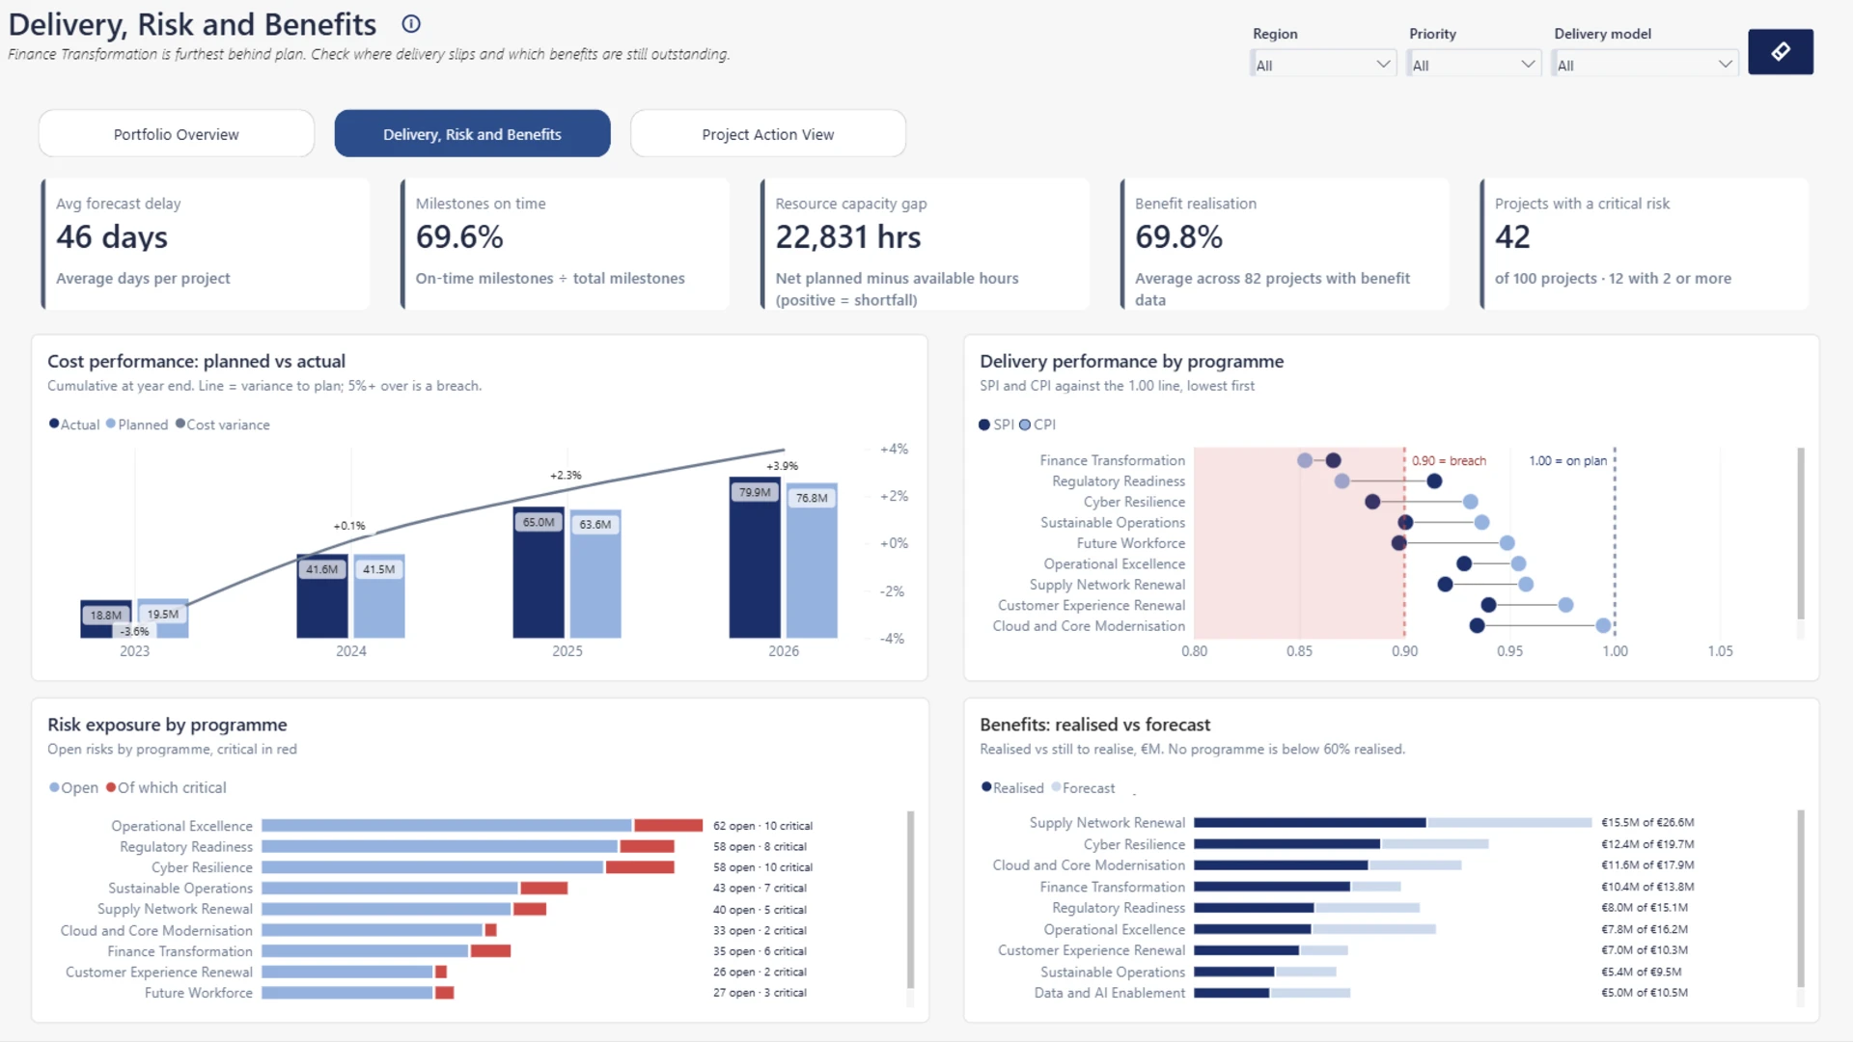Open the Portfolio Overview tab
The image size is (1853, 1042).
(177, 134)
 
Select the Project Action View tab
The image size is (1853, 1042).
(768, 134)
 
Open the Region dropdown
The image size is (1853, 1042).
(1323, 65)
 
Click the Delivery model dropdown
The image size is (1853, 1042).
(1646, 65)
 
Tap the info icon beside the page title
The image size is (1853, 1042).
(411, 24)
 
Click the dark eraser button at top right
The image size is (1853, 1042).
(1781, 51)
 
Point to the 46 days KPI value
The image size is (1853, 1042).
(112, 237)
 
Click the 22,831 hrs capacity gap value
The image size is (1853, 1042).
(848, 237)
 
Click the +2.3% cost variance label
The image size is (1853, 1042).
(566, 476)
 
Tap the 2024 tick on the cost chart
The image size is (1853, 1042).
(351, 651)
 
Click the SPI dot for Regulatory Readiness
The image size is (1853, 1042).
(1434, 481)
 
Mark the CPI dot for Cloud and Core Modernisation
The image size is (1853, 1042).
(1603, 626)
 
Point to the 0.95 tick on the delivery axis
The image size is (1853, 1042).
(1510, 651)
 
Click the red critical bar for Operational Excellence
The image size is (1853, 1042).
(669, 826)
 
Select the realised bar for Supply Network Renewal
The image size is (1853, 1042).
(1310, 823)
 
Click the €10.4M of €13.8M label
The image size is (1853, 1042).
(1647, 887)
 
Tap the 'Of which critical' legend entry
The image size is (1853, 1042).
(166, 788)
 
